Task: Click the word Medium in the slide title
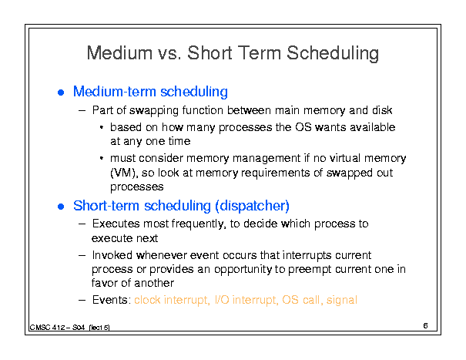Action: (x=119, y=53)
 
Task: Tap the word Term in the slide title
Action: (x=260, y=53)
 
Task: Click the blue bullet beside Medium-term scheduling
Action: (x=61, y=93)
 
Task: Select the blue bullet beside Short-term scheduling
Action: (x=61, y=207)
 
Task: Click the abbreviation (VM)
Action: (x=124, y=173)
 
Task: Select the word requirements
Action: (x=276, y=173)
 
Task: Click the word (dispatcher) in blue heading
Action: (x=253, y=206)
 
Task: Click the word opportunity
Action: (x=243, y=270)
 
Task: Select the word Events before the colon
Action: (x=110, y=300)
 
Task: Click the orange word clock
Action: (x=147, y=300)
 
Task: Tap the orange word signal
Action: (x=342, y=300)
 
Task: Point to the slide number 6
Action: (x=425, y=326)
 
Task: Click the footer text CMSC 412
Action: (x=47, y=328)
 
